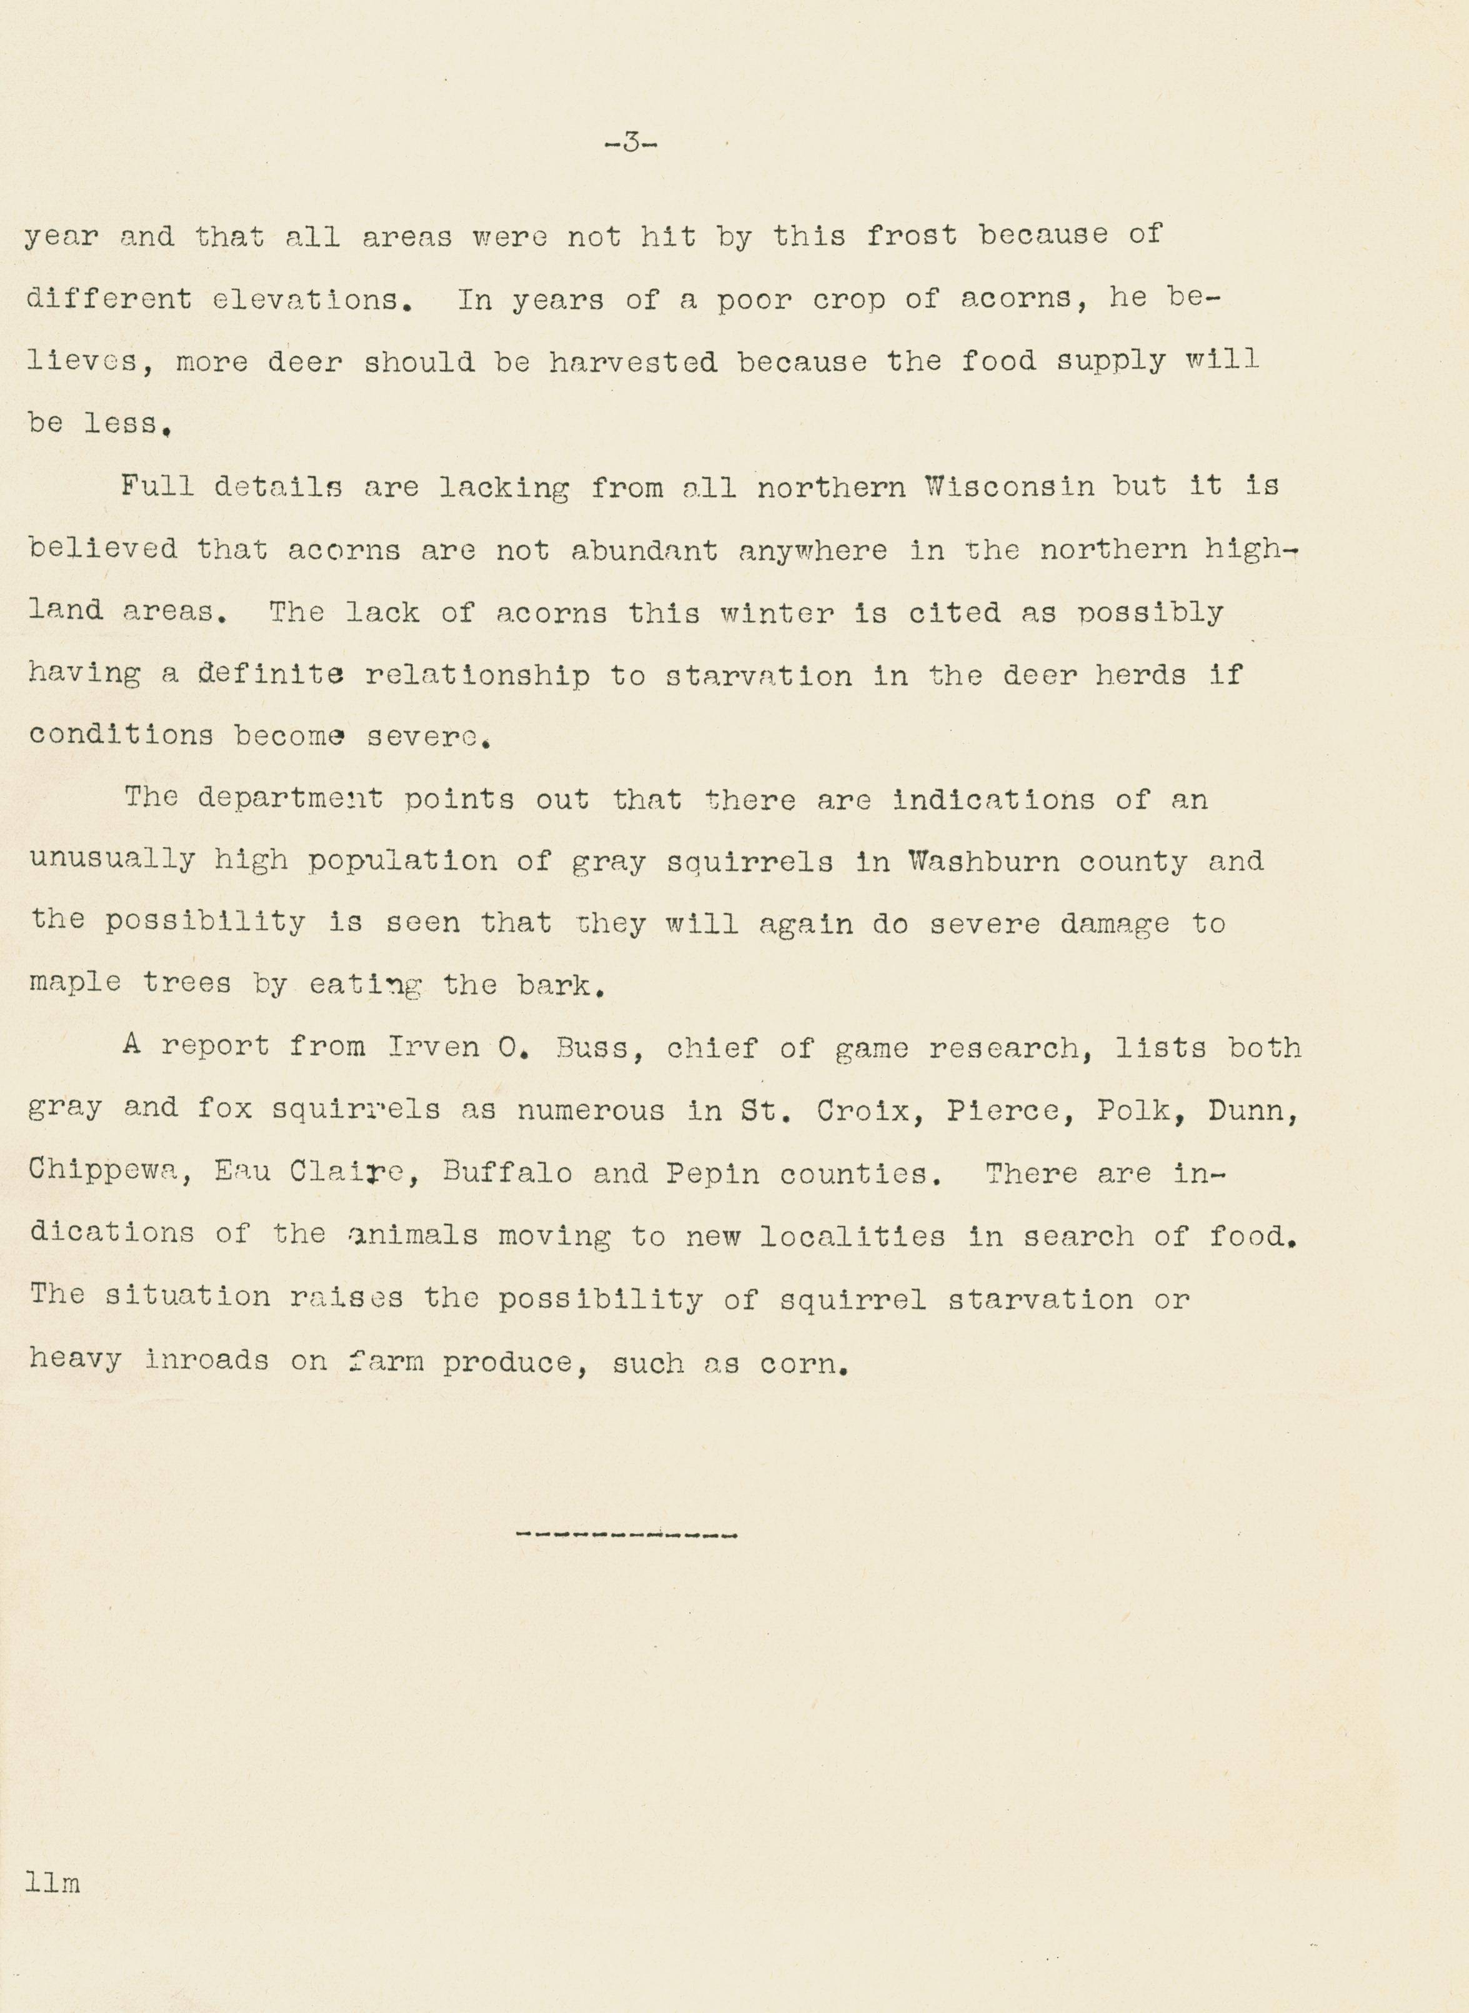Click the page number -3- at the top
[x=630, y=142]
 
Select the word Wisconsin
[x=1009, y=487]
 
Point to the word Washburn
[x=983, y=862]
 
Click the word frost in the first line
[x=912, y=236]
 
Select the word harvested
[x=632, y=362]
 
